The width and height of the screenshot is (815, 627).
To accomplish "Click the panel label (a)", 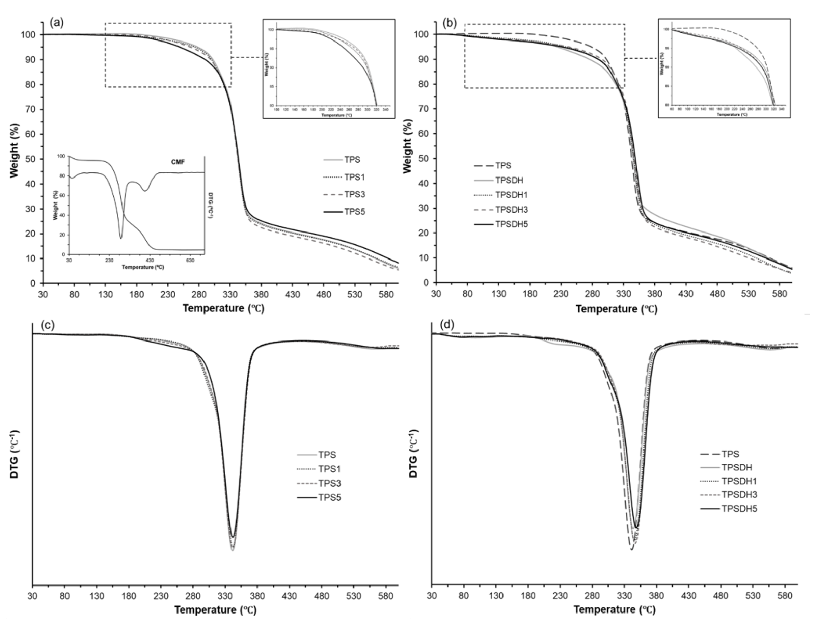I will (x=57, y=23).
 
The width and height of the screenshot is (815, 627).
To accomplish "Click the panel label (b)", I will (x=449, y=23).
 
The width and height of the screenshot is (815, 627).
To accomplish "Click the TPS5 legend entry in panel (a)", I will (x=355, y=212).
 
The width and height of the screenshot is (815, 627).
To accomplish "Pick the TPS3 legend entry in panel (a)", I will (x=355, y=195).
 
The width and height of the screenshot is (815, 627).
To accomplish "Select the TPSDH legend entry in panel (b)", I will (x=509, y=180).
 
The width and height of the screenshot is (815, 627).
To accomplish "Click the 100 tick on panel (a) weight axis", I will (x=30, y=35).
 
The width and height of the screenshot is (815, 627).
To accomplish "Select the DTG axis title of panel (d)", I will (x=413, y=454).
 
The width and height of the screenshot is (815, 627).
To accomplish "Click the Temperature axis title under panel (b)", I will (x=617, y=309).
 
